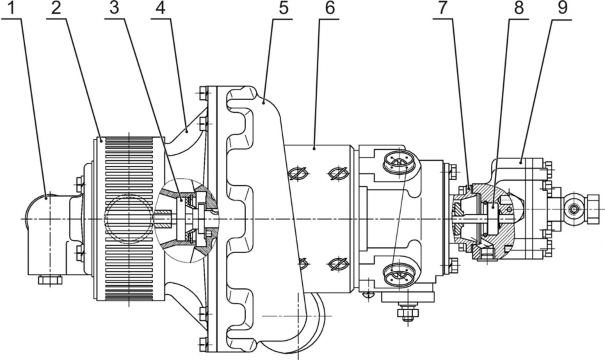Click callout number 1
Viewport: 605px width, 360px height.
[12, 8]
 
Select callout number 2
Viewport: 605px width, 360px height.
[56, 8]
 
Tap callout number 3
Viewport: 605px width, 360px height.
[115, 8]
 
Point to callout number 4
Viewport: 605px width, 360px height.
[161, 8]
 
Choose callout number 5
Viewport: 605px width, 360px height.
[284, 8]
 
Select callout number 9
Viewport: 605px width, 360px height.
[563, 8]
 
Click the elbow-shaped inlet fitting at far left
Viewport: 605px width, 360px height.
[46, 235]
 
